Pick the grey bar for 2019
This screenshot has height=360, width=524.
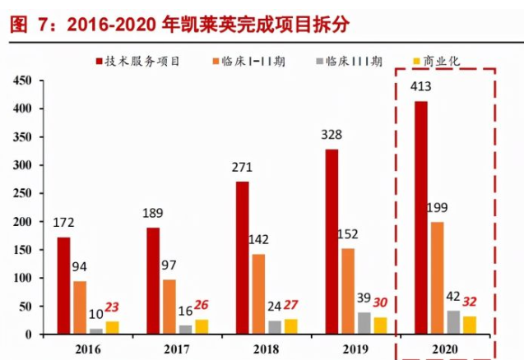coord(364,323)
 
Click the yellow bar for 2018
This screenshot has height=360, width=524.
coord(290,326)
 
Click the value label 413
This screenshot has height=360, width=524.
coord(421,86)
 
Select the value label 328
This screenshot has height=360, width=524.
coord(332,135)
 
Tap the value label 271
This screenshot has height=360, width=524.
coord(242,167)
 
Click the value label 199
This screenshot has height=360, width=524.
coord(438,207)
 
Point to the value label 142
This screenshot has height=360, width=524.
coord(258,240)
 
